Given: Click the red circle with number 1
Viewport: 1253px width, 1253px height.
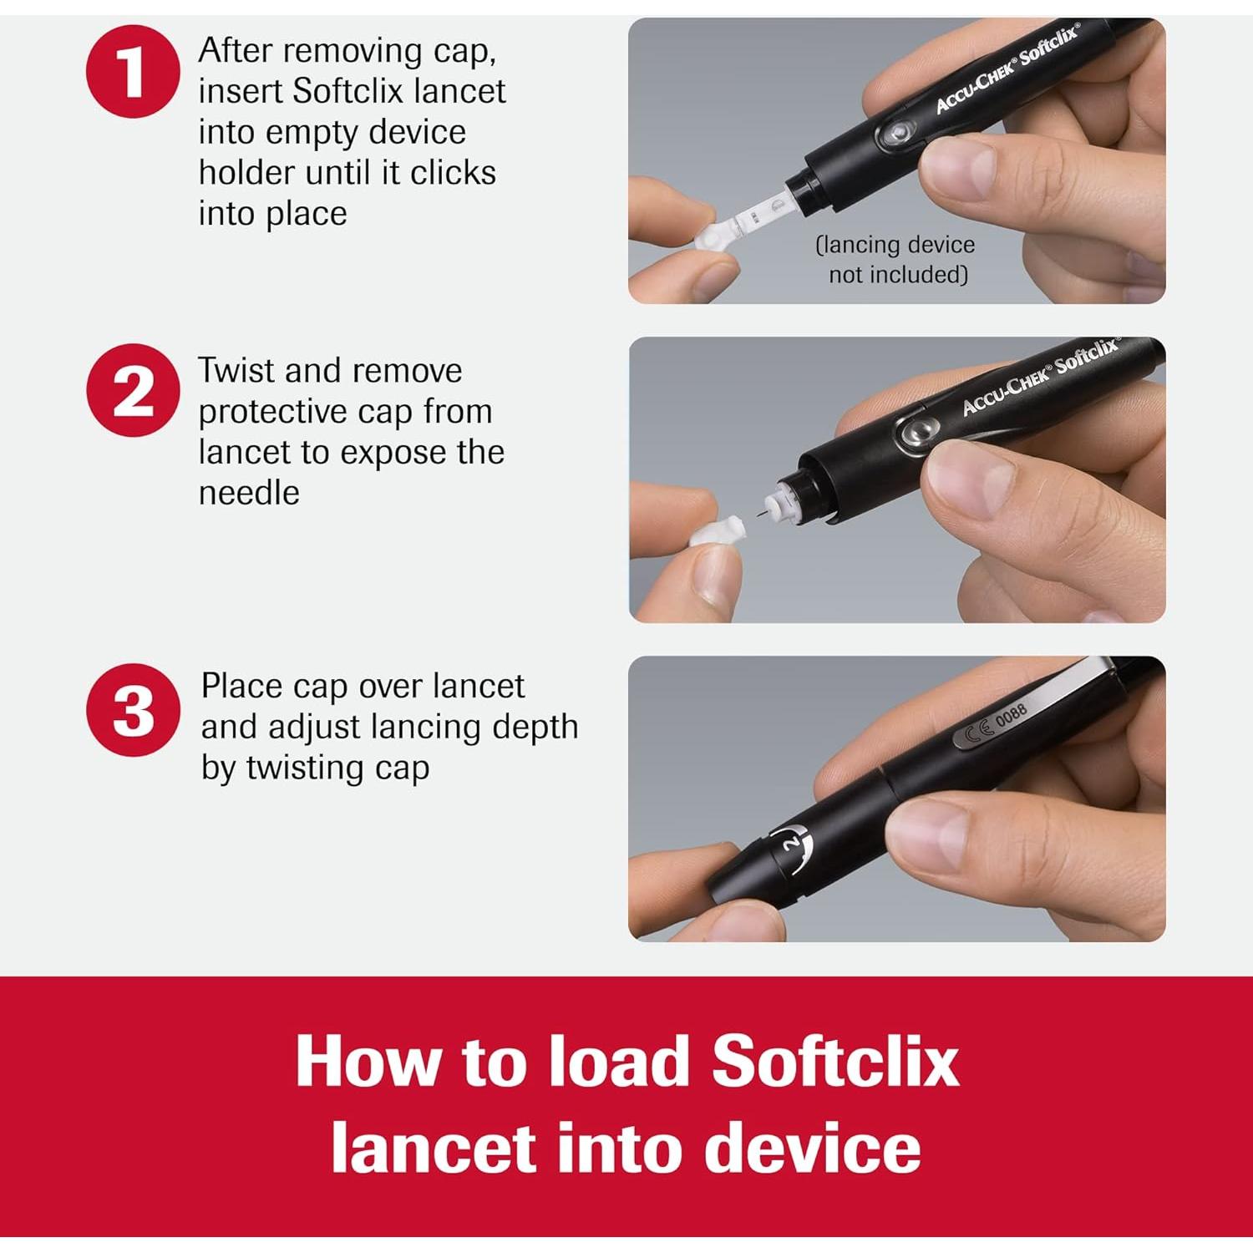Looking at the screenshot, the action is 133,71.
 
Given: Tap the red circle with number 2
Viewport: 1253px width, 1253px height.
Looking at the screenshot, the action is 133,390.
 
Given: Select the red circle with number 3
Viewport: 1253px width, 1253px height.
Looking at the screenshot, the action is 133,710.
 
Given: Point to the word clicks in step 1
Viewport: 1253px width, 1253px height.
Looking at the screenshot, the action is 453,173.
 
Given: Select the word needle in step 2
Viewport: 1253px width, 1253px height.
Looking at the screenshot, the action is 249,493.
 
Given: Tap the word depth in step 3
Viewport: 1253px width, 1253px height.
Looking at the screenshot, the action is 535,728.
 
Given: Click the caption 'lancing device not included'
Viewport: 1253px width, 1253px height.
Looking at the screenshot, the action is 895,259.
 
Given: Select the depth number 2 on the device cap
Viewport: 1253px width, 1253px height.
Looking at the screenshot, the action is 789,845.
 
